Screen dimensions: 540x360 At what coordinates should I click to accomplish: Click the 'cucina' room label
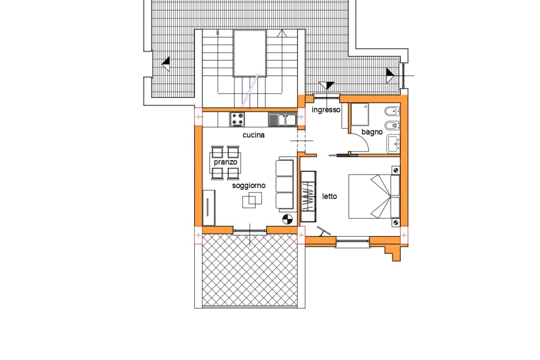253,135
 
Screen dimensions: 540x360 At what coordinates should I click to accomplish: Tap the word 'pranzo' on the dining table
225,162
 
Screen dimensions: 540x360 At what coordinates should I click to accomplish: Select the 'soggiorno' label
249,186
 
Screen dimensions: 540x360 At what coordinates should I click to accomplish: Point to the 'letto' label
330,197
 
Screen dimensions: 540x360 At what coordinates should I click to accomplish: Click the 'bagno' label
372,132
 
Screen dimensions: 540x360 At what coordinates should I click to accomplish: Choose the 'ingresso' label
326,110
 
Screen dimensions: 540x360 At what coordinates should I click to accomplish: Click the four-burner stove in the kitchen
238,119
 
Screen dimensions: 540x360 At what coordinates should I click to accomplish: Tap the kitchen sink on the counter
282,119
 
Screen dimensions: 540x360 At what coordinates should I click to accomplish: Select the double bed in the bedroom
374,197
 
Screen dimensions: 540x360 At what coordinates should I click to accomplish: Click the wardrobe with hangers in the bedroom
308,197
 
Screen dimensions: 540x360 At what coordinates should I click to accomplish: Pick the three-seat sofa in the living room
286,185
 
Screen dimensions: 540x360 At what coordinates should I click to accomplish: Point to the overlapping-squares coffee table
252,200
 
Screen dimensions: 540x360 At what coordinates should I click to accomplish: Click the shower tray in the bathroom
360,115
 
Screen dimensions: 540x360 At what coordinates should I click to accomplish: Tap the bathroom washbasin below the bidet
393,144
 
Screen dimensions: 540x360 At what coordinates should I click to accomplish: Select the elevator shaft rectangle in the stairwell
250,53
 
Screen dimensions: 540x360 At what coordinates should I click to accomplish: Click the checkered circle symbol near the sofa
287,219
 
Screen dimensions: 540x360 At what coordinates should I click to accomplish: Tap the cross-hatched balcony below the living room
250,270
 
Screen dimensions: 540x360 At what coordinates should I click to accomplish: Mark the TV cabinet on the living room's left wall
209,207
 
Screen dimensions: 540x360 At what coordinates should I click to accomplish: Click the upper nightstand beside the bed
396,170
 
